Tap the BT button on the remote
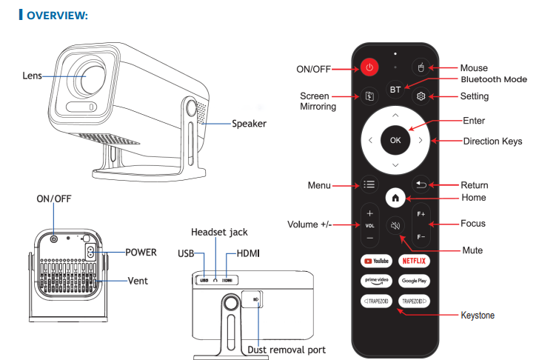[x=395, y=89]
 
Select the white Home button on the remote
[x=395, y=198]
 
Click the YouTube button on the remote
[x=375, y=261]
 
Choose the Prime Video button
[x=375, y=281]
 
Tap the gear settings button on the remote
[x=421, y=96]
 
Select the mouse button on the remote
[x=421, y=68]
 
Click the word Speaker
[x=249, y=124]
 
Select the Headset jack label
[x=219, y=232]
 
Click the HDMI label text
[x=247, y=253]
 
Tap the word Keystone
[x=478, y=316]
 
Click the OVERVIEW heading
[x=57, y=16]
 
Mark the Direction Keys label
[x=492, y=141]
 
